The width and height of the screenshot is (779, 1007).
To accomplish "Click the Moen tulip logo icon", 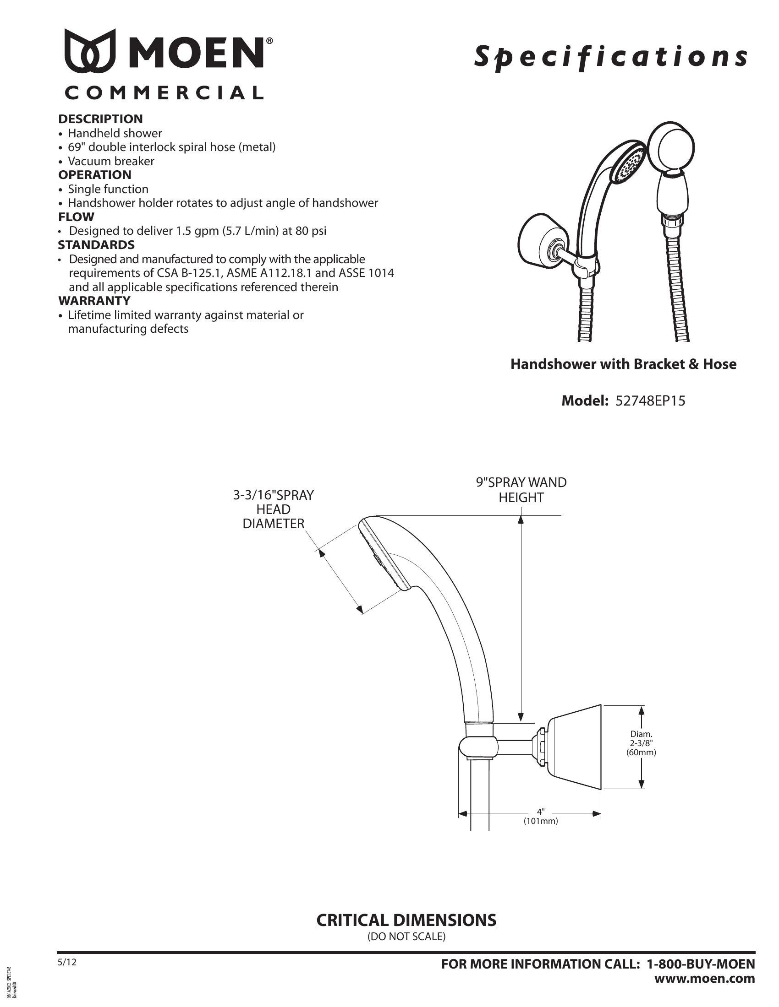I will tap(90, 51).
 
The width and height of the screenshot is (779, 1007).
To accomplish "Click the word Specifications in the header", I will tap(610, 57).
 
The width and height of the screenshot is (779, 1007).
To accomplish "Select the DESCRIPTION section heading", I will tap(100, 119).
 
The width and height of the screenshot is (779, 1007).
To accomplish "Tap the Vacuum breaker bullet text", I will tap(111, 162).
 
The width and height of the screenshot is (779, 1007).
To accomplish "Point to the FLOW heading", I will tap(76, 217).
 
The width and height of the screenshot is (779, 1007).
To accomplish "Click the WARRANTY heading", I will tap(94, 301).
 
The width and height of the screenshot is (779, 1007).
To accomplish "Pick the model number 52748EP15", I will tap(650, 401).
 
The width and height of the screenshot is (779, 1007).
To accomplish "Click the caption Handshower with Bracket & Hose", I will tap(623, 364).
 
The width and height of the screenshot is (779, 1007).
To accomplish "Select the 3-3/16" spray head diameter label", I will tap(273, 509).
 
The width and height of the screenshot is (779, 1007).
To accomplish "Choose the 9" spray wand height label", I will tap(521, 490).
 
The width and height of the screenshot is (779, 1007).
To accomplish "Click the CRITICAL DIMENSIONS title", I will tap(406, 920).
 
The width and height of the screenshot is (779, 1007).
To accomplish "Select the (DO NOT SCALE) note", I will tap(406, 937).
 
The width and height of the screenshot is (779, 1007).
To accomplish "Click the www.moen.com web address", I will tap(705, 979).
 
